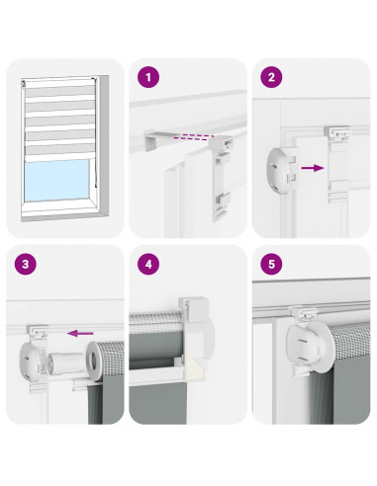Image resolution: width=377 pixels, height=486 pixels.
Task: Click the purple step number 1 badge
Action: pos(148,77)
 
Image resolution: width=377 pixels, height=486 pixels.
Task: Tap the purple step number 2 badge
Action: pos(271,77)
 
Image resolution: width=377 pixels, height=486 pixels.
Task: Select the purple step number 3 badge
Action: pos(26,264)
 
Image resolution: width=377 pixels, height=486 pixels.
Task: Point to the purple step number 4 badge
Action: pos(148,264)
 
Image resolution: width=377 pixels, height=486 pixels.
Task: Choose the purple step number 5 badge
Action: pos(271,264)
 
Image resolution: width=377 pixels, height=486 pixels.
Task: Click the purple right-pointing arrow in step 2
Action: pos(313,168)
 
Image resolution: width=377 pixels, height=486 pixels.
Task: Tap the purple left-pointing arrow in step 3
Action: pos(80,333)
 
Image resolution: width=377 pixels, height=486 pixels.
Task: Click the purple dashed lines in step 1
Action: pos(194,137)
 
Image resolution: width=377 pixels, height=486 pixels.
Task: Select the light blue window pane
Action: pos(57,180)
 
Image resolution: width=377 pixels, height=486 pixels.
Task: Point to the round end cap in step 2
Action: pos(280,170)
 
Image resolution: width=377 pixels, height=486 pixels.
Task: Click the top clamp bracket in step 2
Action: pos(337,132)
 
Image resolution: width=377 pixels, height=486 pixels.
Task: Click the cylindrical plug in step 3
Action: pos(63,364)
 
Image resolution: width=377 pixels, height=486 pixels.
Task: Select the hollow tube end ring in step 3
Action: pos(95,362)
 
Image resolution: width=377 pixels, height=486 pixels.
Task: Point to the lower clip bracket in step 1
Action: pos(223,202)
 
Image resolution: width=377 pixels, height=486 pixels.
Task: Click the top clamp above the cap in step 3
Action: pos(37,332)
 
